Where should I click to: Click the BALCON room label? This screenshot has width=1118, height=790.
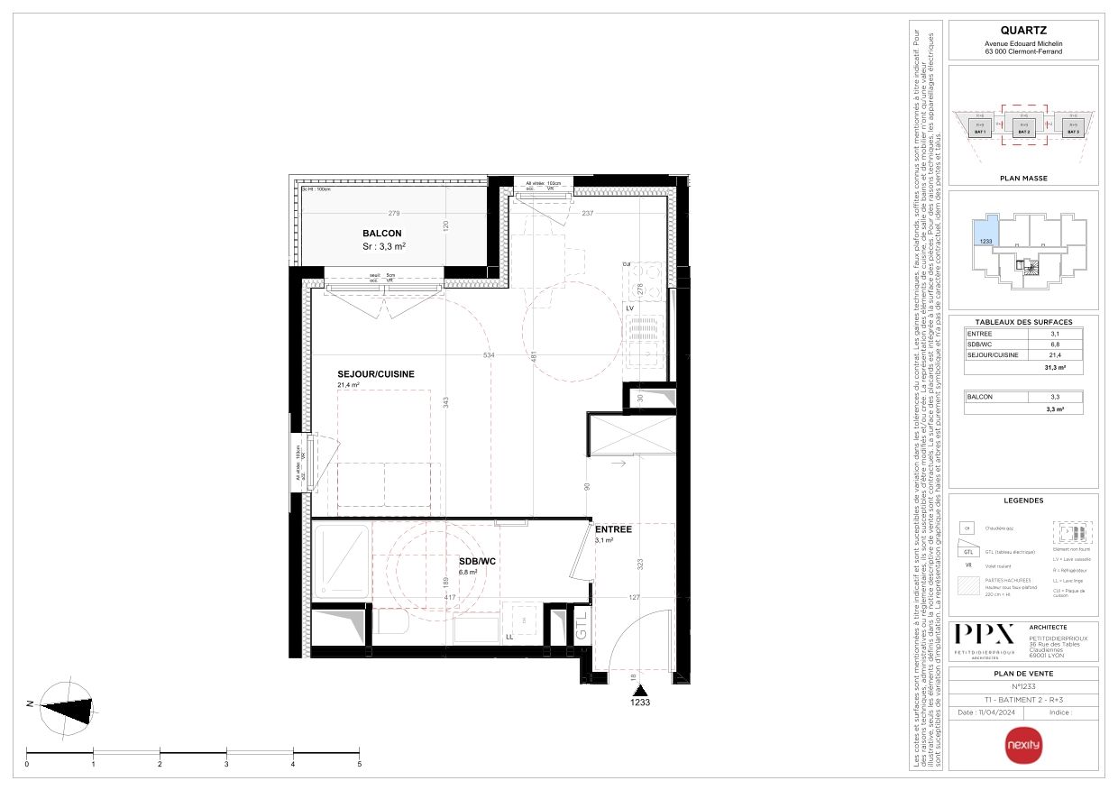382,233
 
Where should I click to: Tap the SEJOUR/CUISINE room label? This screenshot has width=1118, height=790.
375,373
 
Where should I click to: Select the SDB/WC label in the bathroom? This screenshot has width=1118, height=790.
478,561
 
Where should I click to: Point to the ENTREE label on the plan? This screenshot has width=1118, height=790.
613,529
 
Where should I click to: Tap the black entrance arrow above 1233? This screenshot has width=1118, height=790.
639,688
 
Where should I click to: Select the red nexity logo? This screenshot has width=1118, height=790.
1022,745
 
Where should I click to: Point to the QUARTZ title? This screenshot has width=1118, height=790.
1023,31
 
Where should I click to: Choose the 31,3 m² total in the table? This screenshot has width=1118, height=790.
1055,368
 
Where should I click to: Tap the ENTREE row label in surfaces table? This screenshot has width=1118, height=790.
980,334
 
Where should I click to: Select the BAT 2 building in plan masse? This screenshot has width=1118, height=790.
1023,127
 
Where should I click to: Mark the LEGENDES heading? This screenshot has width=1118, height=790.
1023,501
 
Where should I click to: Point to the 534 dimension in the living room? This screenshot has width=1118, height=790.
489,355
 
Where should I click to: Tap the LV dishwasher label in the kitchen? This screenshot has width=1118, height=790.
631,308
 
